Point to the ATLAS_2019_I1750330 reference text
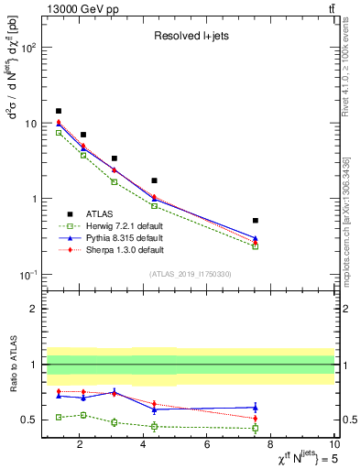point(189,274)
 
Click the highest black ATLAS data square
point(59,111)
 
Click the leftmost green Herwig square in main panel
point(59,133)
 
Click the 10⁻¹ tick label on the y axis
point(27,275)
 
